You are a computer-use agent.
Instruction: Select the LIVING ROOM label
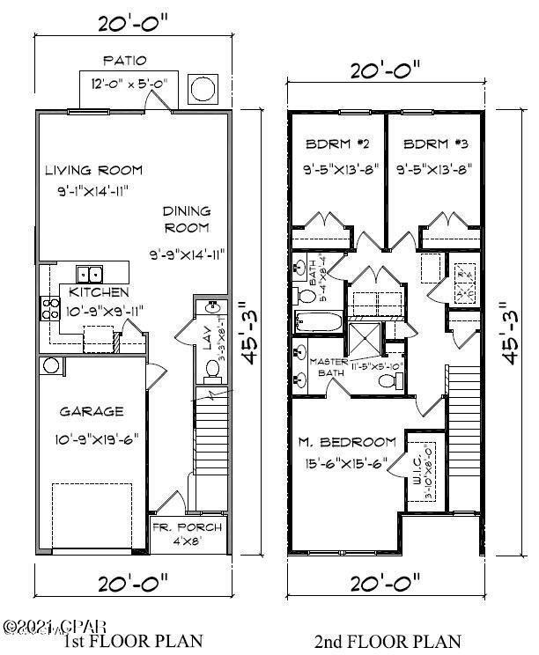tap(94, 171)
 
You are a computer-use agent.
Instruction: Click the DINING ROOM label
tap(186, 219)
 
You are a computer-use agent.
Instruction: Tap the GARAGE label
tap(92, 411)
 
